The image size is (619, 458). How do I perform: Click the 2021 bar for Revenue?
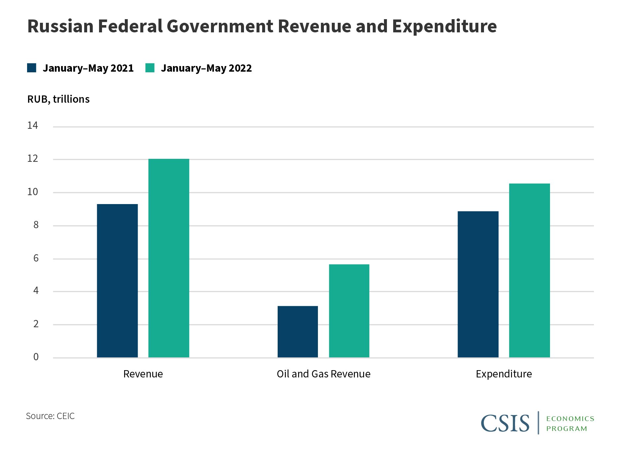[x=117, y=281]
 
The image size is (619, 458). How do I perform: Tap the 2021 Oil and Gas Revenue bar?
[x=297, y=332]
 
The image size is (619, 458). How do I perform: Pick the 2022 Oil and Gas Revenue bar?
[x=349, y=311]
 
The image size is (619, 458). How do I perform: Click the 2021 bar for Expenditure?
[x=478, y=284]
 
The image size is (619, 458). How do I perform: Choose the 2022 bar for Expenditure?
[x=529, y=270]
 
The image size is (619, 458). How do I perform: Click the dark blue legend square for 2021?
[x=32, y=68]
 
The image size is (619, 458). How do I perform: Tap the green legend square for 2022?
[x=150, y=68]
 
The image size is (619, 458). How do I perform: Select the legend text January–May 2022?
[x=206, y=68]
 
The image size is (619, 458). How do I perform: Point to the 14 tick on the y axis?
[x=33, y=125]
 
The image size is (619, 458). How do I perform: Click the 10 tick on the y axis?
[x=33, y=192]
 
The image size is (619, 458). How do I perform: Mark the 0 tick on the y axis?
[x=36, y=357]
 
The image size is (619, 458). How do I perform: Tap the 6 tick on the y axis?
[x=36, y=258]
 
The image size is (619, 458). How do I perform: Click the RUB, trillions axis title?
[x=58, y=99]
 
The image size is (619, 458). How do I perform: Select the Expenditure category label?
[x=504, y=374]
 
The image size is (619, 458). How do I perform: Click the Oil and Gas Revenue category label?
[x=324, y=374]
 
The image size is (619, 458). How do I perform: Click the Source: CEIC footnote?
[x=50, y=416]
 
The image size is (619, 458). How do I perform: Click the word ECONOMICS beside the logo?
[x=570, y=419]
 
